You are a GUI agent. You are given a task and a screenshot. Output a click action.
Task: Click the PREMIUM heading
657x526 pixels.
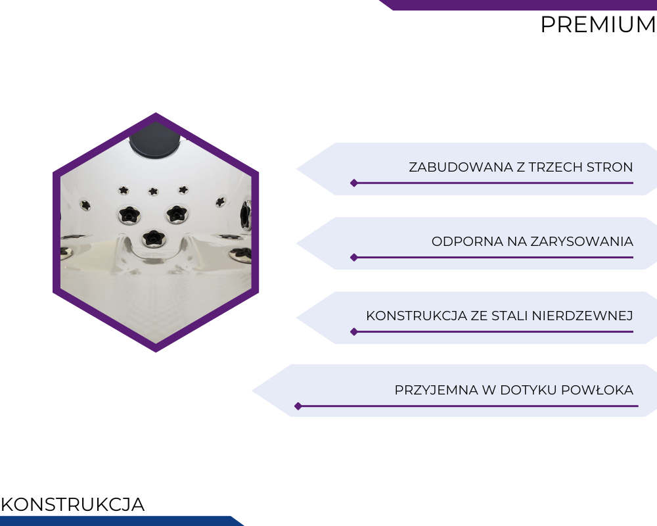599,24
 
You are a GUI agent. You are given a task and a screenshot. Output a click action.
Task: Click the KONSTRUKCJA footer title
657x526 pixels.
72,504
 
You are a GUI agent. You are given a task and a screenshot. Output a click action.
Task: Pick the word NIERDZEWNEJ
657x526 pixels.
582,316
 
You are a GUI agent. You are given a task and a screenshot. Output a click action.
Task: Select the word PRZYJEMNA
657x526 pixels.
436,390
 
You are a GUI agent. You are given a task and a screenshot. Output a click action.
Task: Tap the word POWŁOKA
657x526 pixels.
597,390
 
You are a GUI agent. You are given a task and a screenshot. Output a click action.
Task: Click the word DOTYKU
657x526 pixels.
528,390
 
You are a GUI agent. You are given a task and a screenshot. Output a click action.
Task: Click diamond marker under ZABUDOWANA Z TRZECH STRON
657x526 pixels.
354,183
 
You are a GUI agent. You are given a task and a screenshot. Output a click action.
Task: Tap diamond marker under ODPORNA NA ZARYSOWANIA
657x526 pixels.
354,258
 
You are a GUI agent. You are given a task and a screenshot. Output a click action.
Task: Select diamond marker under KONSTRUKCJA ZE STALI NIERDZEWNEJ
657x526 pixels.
354,332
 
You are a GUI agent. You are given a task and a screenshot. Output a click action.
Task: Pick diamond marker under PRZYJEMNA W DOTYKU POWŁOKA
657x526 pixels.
298,406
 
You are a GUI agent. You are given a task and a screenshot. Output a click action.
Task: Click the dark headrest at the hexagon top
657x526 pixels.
154,141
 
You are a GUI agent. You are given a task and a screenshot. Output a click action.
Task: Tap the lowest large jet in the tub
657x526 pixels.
154,239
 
